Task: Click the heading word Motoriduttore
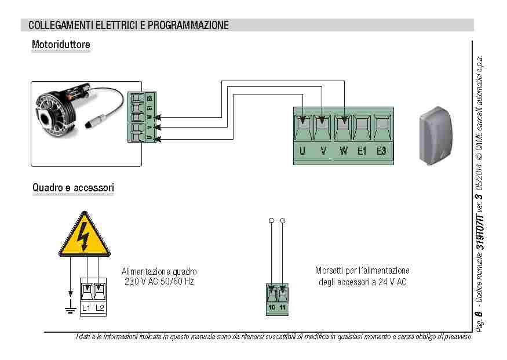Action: tap(61, 44)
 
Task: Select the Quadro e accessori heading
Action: tap(73, 188)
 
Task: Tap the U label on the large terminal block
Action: tap(302, 151)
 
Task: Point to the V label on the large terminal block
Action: tap(323, 151)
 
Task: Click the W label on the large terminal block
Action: tap(344, 151)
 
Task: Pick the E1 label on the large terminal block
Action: tap(362, 151)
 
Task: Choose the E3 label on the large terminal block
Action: tap(381, 151)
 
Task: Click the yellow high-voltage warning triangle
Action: tap(85, 235)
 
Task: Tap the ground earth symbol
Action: tap(71, 308)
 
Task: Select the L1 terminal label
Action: tap(86, 308)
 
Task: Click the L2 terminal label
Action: tap(100, 308)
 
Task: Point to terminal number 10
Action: tap(272, 307)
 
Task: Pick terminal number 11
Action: tap(283, 307)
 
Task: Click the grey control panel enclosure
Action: tap(439, 134)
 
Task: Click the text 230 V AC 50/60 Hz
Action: tap(159, 281)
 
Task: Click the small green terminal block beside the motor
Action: tap(141, 118)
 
